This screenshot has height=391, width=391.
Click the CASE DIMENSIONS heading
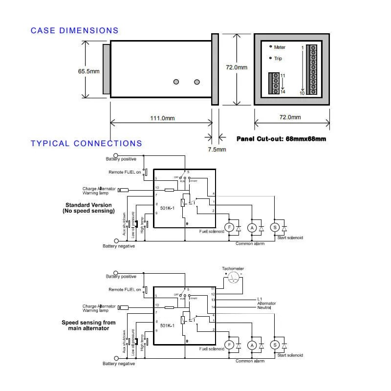[74, 30]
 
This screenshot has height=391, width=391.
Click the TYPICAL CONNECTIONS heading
[86, 143]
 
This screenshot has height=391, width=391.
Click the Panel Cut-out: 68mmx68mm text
[281, 139]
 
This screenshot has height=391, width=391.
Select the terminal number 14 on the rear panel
[282, 92]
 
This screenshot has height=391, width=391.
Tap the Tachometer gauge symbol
[234, 278]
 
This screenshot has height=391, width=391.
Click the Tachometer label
[233, 269]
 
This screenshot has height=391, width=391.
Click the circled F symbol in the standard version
[228, 227]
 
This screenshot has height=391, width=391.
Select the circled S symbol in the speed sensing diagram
[275, 344]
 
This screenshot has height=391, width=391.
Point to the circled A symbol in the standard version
[252, 227]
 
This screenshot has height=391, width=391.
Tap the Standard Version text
[88, 205]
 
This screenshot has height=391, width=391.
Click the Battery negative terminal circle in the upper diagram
[116, 240]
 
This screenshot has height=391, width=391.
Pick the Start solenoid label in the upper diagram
[290, 238]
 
